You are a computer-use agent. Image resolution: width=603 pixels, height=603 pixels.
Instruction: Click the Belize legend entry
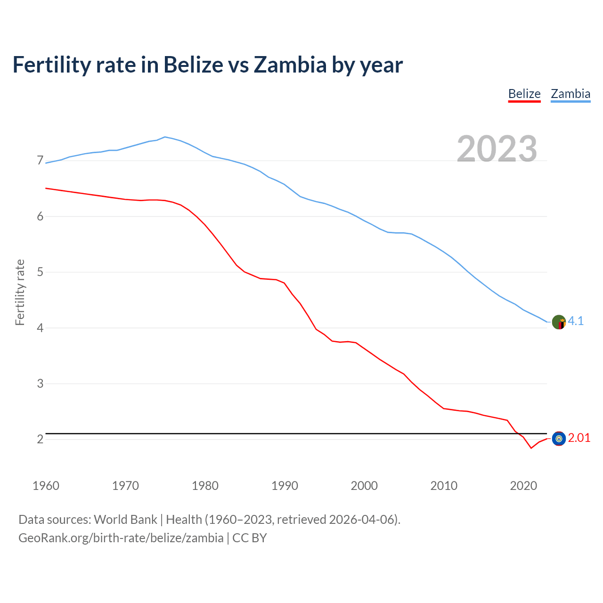(x=524, y=94)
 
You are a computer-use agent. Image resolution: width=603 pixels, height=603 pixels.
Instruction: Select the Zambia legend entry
(x=570, y=94)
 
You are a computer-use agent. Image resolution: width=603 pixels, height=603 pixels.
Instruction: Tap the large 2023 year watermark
(x=497, y=149)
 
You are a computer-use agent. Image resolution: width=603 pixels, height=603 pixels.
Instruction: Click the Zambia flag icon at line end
(x=559, y=322)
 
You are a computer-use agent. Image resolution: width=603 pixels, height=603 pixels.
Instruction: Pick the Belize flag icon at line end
(x=559, y=439)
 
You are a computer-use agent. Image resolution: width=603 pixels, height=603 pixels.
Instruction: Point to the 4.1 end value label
(x=576, y=321)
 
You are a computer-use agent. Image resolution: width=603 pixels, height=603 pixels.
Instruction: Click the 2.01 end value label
(x=579, y=438)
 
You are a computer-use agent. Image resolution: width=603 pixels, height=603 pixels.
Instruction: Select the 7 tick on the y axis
(x=40, y=161)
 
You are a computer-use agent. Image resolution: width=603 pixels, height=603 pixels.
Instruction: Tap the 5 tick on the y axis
(x=40, y=272)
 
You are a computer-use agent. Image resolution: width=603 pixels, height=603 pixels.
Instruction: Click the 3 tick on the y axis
(x=40, y=384)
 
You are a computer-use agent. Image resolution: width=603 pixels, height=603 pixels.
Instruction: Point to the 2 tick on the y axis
(x=40, y=440)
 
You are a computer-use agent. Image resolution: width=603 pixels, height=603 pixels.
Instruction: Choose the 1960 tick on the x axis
(x=46, y=486)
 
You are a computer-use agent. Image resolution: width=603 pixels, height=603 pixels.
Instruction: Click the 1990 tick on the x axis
(x=285, y=486)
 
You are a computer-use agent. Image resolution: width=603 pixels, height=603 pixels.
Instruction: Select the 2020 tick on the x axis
(x=523, y=486)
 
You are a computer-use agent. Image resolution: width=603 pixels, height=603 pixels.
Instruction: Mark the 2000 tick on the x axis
(x=364, y=486)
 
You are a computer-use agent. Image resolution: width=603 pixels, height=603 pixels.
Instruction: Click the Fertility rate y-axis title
(x=20, y=292)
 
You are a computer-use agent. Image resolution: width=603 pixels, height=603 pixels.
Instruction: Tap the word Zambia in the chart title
(x=290, y=65)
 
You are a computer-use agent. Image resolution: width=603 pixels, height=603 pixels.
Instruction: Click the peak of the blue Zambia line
(x=164, y=137)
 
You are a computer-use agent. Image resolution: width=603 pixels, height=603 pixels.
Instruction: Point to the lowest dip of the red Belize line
(x=531, y=448)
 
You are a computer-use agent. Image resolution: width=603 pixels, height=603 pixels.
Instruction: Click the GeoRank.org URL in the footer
(x=121, y=538)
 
